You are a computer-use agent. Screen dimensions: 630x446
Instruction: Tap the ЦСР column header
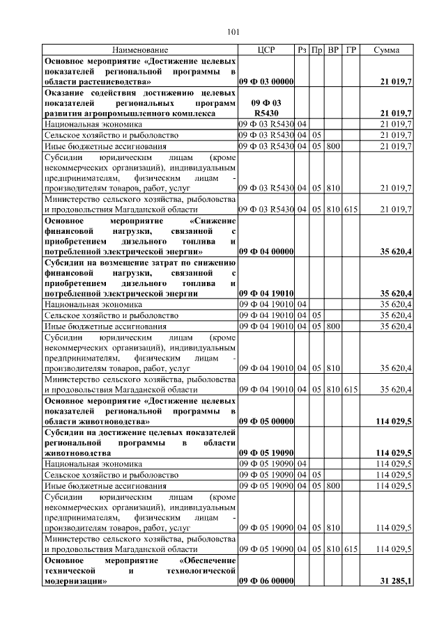266,51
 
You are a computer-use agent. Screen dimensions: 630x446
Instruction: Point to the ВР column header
333,51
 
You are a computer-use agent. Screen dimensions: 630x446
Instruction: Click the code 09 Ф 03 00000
266,82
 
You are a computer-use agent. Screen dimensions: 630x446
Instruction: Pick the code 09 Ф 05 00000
266,421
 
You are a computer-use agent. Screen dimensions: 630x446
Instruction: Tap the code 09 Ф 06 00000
266,581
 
